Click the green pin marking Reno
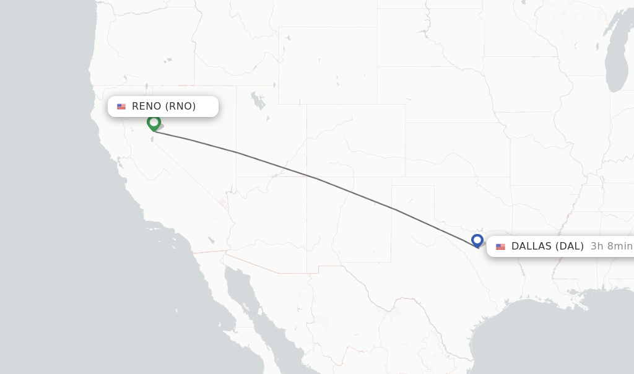(154, 123)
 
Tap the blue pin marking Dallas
(477, 240)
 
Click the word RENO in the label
(147, 107)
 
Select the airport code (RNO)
(180, 107)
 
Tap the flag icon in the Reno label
(121, 107)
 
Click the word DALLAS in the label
(531, 246)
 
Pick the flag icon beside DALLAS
(500, 246)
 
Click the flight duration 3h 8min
(611, 246)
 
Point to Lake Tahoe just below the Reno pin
(152, 138)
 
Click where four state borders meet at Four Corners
(306, 177)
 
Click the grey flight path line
(316, 178)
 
